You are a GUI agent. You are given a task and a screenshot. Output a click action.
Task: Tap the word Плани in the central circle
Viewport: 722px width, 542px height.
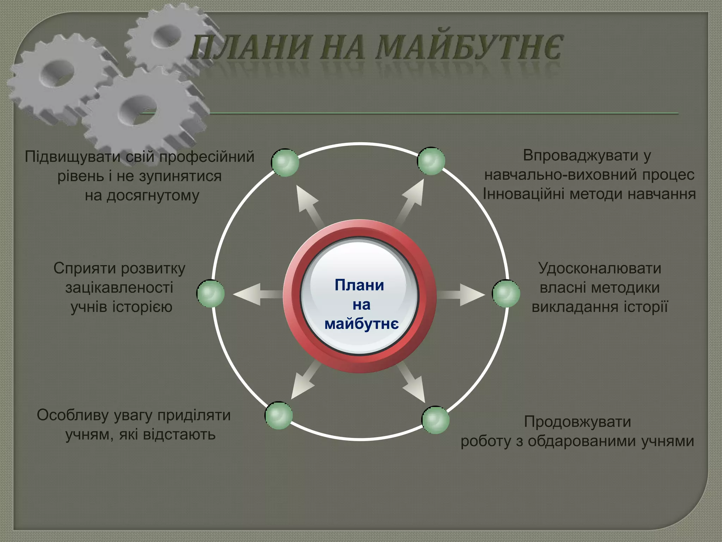(359, 285)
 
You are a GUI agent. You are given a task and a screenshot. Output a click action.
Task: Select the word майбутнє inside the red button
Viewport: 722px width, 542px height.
(361, 324)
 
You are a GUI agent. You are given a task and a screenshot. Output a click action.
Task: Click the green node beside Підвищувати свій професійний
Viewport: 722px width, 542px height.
(285, 162)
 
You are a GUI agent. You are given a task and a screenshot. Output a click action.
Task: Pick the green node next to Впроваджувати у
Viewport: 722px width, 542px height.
(431, 161)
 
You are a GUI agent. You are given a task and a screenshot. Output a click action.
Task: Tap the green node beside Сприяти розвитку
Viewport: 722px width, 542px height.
(210, 294)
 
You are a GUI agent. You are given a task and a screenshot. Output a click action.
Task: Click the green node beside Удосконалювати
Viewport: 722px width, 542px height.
(506, 294)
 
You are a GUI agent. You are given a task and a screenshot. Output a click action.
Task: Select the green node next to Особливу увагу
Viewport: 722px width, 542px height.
(279, 416)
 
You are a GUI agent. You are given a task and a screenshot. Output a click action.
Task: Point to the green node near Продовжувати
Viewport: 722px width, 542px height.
(435, 420)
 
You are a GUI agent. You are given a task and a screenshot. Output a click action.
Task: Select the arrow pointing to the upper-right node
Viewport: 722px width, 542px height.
(411, 201)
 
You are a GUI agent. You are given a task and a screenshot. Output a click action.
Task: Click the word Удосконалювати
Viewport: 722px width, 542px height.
(600, 268)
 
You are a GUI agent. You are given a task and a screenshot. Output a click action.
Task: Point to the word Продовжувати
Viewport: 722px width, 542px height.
(577, 422)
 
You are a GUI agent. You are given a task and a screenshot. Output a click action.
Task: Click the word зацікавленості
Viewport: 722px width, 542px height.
(119, 288)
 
